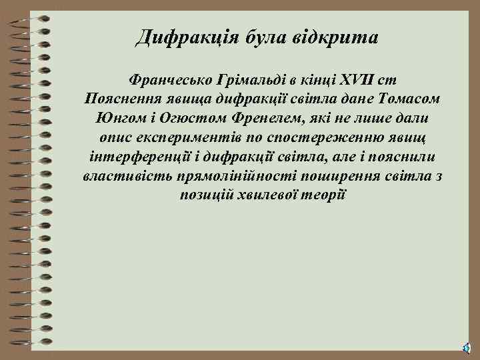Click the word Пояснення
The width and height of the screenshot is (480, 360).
[x=119, y=99]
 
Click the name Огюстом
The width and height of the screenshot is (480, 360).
[x=187, y=118]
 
